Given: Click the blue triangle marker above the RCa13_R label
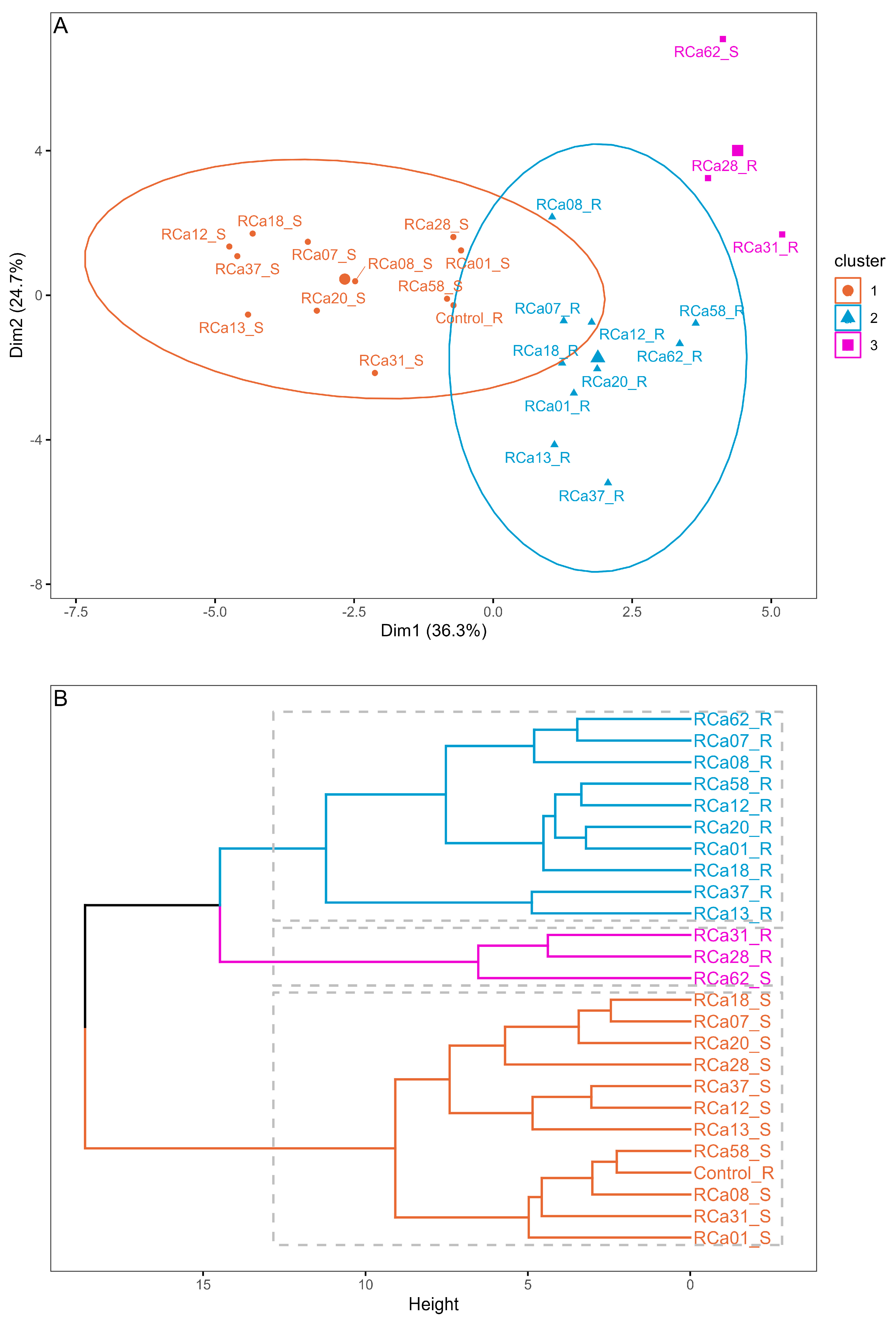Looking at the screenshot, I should (554, 444).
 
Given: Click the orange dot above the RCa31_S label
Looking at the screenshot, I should (375, 373).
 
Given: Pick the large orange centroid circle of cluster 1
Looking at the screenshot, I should (345, 279).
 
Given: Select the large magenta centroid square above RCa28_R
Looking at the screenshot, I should (737, 150).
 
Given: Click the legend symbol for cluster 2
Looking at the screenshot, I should (847, 318).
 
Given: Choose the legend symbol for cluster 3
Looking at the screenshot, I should (847, 345).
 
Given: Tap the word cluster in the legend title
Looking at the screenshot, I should (859, 261).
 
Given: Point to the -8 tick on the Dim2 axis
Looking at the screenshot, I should (37, 584).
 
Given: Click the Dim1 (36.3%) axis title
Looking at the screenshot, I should (434, 630).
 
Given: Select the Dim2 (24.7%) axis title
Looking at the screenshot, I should (17, 305).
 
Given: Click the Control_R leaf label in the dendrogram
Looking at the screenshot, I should (733, 1173).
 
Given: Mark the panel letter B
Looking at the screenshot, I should (61, 699).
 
